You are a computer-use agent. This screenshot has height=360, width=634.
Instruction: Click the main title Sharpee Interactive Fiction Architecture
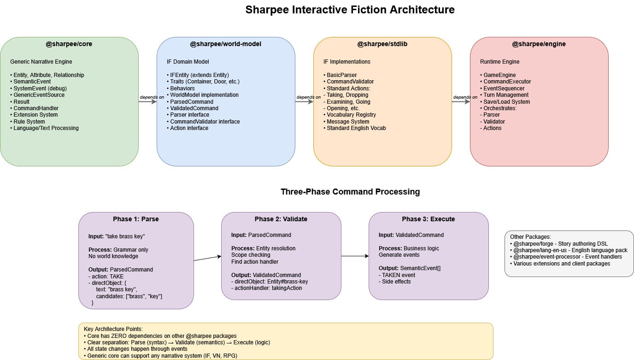point(350,10)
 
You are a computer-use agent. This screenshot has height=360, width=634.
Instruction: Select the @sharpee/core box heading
point(69,44)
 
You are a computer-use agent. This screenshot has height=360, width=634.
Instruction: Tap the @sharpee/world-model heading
point(226,44)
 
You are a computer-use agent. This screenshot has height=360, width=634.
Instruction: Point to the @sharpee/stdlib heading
point(382,44)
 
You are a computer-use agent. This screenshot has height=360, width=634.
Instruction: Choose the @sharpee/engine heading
point(539,44)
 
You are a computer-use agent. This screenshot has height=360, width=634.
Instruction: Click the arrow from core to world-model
point(147,102)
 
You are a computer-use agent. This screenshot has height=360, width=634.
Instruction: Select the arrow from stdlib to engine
point(461,102)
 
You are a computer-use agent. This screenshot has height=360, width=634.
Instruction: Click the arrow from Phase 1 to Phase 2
point(207,258)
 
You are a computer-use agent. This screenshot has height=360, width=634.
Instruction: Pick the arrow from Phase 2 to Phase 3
point(355,256)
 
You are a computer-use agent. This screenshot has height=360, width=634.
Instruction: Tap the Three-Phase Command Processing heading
point(350,192)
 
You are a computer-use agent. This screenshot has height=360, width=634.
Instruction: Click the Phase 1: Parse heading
point(136,219)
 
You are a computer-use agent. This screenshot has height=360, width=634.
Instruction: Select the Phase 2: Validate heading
point(281,219)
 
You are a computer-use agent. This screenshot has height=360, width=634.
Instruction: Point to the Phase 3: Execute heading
point(428,219)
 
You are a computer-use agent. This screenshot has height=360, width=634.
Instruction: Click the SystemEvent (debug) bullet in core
point(39,89)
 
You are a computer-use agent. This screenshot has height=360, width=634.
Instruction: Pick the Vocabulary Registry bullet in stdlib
point(350,115)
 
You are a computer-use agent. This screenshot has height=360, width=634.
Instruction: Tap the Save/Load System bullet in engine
point(505,102)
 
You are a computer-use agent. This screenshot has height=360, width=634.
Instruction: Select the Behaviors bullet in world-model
point(181,89)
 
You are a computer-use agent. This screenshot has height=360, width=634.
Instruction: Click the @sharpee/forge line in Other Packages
point(559,243)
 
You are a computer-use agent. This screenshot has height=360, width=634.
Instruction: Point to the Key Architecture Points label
point(113,329)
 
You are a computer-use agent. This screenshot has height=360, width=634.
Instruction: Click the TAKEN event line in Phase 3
point(397,275)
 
